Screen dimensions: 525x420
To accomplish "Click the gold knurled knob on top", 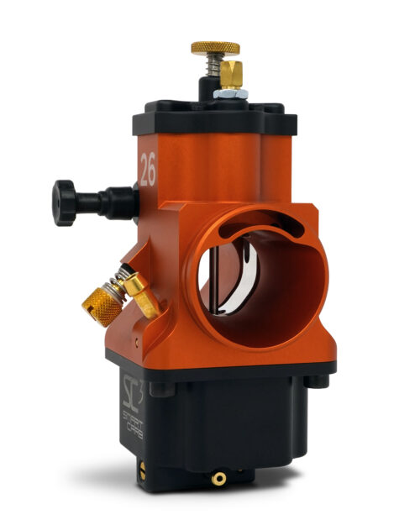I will click(214, 48).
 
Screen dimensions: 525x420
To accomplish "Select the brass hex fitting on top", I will click(231, 76).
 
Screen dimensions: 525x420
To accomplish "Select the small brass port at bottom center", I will click(219, 478).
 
